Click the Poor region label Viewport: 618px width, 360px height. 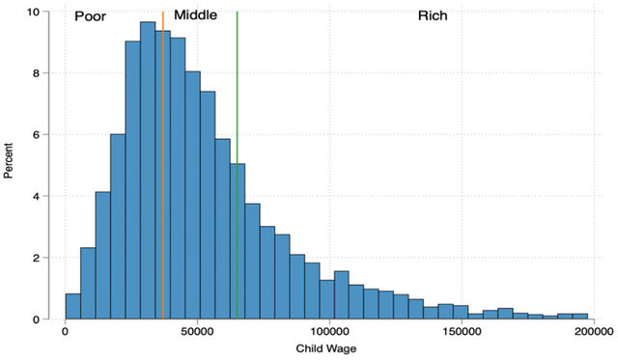(x=90, y=16)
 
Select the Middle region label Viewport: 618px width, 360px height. (x=195, y=15)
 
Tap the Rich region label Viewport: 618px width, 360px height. (x=433, y=15)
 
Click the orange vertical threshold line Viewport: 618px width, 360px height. (x=163, y=165)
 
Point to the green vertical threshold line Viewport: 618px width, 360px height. (x=237, y=165)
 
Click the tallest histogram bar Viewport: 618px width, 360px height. (x=148, y=171)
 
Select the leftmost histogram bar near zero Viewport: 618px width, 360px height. (x=73, y=306)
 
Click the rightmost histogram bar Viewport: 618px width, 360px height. (x=580, y=317)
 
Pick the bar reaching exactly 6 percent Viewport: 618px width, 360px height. (x=118, y=227)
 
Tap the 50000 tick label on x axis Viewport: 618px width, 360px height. (x=197, y=332)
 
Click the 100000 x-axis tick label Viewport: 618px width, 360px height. (x=329, y=332)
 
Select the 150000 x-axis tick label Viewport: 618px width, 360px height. (x=462, y=332)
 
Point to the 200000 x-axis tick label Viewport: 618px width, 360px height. (x=594, y=332)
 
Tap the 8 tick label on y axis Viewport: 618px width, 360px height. (x=36, y=73)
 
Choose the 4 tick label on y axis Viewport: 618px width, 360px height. (x=36, y=196)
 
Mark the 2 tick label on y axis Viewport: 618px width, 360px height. (x=36, y=258)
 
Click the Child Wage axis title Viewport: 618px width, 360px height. (x=326, y=349)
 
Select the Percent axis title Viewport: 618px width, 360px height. (x=9, y=161)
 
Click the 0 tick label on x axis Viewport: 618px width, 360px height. (x=66, y=332)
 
